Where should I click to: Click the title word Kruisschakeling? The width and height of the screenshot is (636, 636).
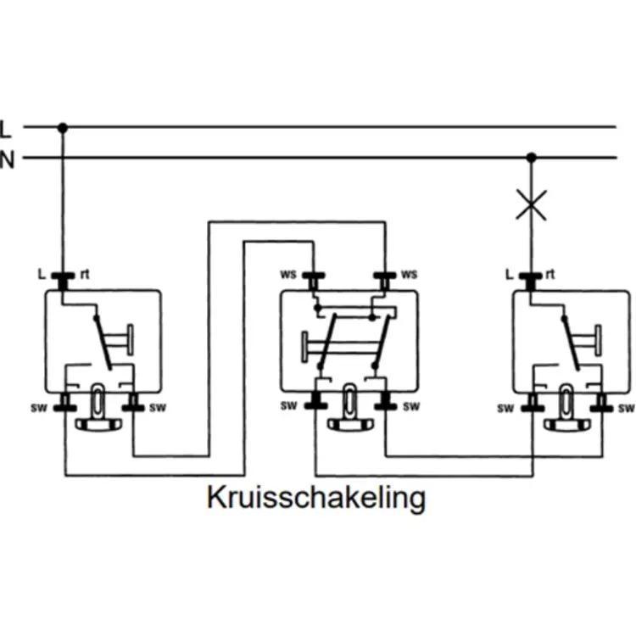pyautogui.click(x=315, y=498)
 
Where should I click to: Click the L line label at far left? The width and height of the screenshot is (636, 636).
pyautogui.click(x=7, y=130)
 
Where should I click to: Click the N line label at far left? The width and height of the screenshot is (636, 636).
pyautogui.click(x=7, y=159)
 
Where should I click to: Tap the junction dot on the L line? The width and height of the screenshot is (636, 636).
pyautogui.click(x=62, y=128)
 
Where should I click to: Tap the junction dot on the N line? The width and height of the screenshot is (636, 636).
pyautogui.click(x=532, y=158)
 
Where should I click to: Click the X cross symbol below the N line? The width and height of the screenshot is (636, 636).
pyautogui.click(x=532, y=204)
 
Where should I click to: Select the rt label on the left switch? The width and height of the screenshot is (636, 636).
pyautogui.click(x=85, y=274)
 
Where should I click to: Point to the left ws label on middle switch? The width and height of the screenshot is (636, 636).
pyautogui.click(x=288, y=274)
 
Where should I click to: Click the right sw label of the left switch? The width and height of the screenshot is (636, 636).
pyautogui.click(x=157, y=408)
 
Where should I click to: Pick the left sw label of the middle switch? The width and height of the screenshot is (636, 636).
pyautogui.click(x=290, y=407)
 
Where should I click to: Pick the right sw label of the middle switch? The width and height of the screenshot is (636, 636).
pyautogui.click(x=411, y=407)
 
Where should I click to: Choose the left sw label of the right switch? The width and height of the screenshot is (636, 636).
pyautogui.click(x=506, y=408)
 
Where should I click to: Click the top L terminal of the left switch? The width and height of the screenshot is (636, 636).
pyautogui.click(x=62, y=276)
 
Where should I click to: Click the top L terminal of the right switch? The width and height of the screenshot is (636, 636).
pyautogui.click(x=532, y=276)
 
